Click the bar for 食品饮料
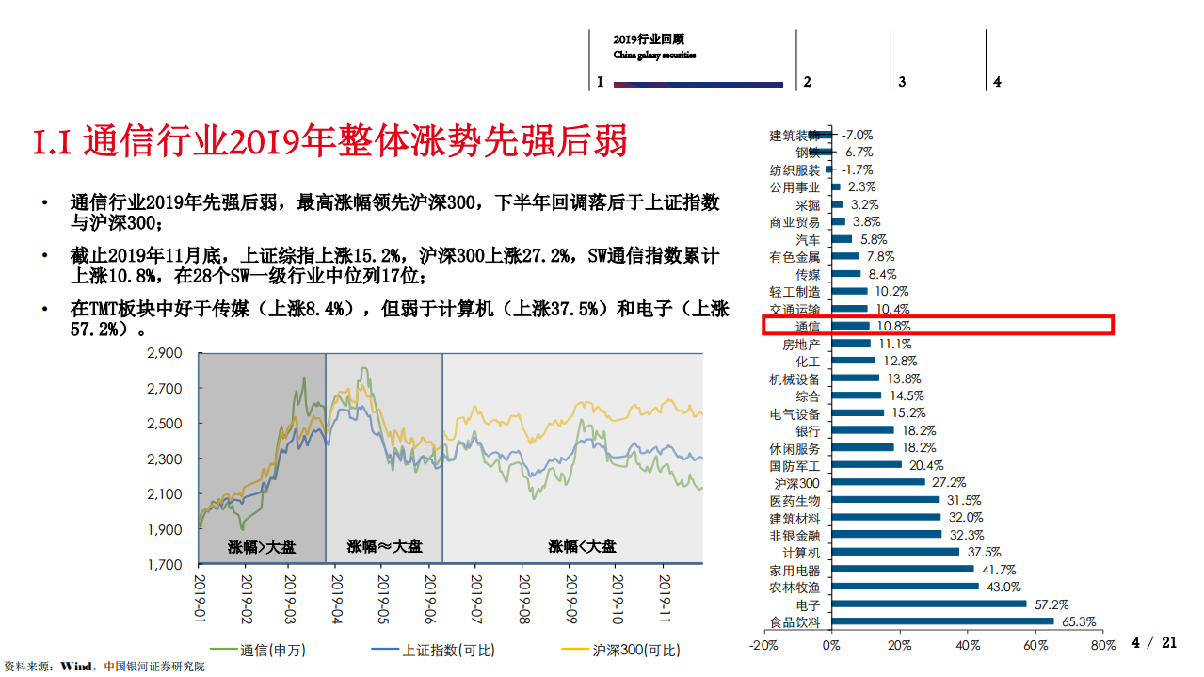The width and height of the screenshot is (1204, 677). click(x=941, y=621)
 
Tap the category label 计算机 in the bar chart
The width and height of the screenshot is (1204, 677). click(x=801, y=553)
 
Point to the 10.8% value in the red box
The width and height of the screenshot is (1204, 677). click(x=894, y=327)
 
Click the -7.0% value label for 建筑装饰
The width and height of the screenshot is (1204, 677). click(x=857, y=135)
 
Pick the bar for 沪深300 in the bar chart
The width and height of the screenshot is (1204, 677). click(x=877, y=482)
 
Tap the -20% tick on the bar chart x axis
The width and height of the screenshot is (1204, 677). click(x=763, y=646)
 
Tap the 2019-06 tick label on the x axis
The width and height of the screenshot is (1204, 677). click(x=430, y=595)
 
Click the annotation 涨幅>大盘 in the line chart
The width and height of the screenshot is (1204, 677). click(x=261, y=546)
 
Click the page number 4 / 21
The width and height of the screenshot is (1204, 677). click(x=1154, y=643)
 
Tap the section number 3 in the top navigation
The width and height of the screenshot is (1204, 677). click(x=902, y=82)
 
